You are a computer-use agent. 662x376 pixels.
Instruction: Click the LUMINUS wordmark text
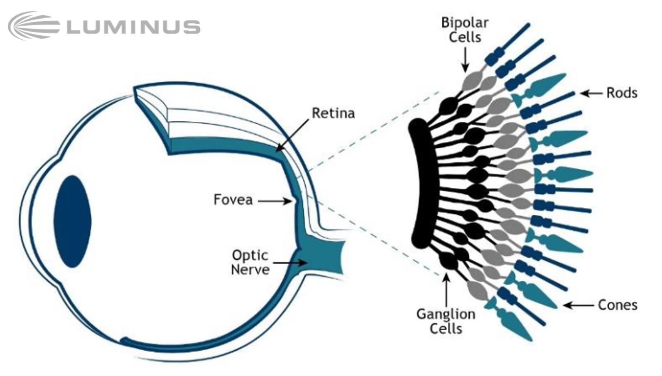[134, 27]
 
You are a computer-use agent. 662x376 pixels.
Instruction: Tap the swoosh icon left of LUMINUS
[33, 26]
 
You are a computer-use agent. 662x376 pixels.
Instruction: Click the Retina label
[333, 113]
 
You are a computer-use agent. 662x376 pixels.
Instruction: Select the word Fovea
[233, 199]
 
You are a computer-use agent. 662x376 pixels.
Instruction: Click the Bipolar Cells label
[465, 30]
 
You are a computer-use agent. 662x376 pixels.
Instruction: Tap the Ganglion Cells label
[446, 321]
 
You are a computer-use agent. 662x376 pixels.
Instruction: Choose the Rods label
[622, 93]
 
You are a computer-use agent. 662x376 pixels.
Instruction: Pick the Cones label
[618, 305]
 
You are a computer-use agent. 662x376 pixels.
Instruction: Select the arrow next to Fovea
[275, 202]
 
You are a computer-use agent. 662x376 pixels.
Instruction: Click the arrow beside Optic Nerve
[290, 263]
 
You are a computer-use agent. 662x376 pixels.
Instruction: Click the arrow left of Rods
[591, 93]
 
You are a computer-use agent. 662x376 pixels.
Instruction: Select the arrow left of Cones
[579, 305]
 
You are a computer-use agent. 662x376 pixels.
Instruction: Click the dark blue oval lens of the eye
[72, 222]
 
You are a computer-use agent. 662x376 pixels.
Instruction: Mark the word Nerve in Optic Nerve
[250, 270]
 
